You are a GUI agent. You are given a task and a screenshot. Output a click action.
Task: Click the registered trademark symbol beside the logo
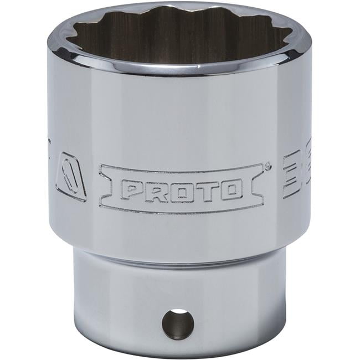[x=268, y=165]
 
